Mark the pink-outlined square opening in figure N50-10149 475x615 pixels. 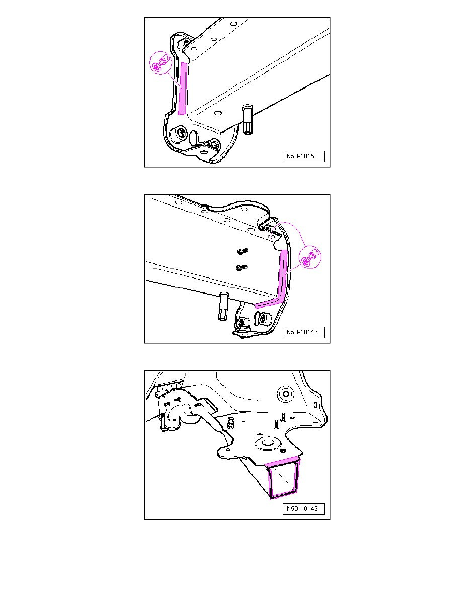pyautogui.click(x=284, y=480)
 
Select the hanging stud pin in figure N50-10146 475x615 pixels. pyautogui.click(x=223, y=306)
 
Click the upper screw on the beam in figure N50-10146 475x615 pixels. pyautogui.click(x=241, y=251)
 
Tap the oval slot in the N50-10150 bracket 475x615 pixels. pyautogui.click(x=194, y=138)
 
